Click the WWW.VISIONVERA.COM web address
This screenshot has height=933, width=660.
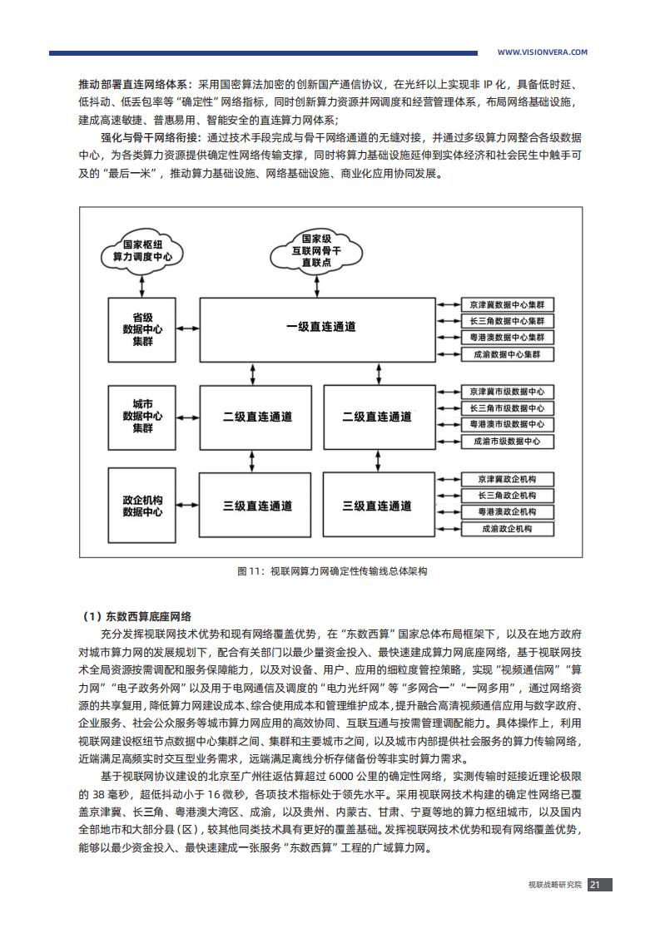pos(542,52)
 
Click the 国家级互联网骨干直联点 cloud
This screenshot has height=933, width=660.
pos(316,250)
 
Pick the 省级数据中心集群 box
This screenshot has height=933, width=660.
pos(141,329)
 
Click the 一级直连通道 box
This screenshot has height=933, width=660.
pos(317,329)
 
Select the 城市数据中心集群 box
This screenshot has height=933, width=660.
pos(141,417)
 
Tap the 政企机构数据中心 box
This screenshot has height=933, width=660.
pos(141,506)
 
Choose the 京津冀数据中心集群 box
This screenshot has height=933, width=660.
pos(508,304)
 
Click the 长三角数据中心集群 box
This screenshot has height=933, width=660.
pos(508,321)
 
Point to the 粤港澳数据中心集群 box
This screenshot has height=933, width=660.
pos(508,338)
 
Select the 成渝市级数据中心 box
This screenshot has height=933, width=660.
pos(508,442)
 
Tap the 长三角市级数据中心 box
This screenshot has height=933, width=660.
pos(508,408)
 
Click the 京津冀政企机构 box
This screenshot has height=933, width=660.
pos(508,479)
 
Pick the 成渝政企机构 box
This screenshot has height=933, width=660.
pos(508,528)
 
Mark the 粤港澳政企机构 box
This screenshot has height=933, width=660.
pos(508,511)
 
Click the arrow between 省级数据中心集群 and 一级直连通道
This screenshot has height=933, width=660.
pos(187,329)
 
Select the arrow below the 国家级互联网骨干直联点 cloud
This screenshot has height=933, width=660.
pos(317,286)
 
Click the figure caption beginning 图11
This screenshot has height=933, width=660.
pos(332,571)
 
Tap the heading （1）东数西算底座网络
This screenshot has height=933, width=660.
pos(136,616)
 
